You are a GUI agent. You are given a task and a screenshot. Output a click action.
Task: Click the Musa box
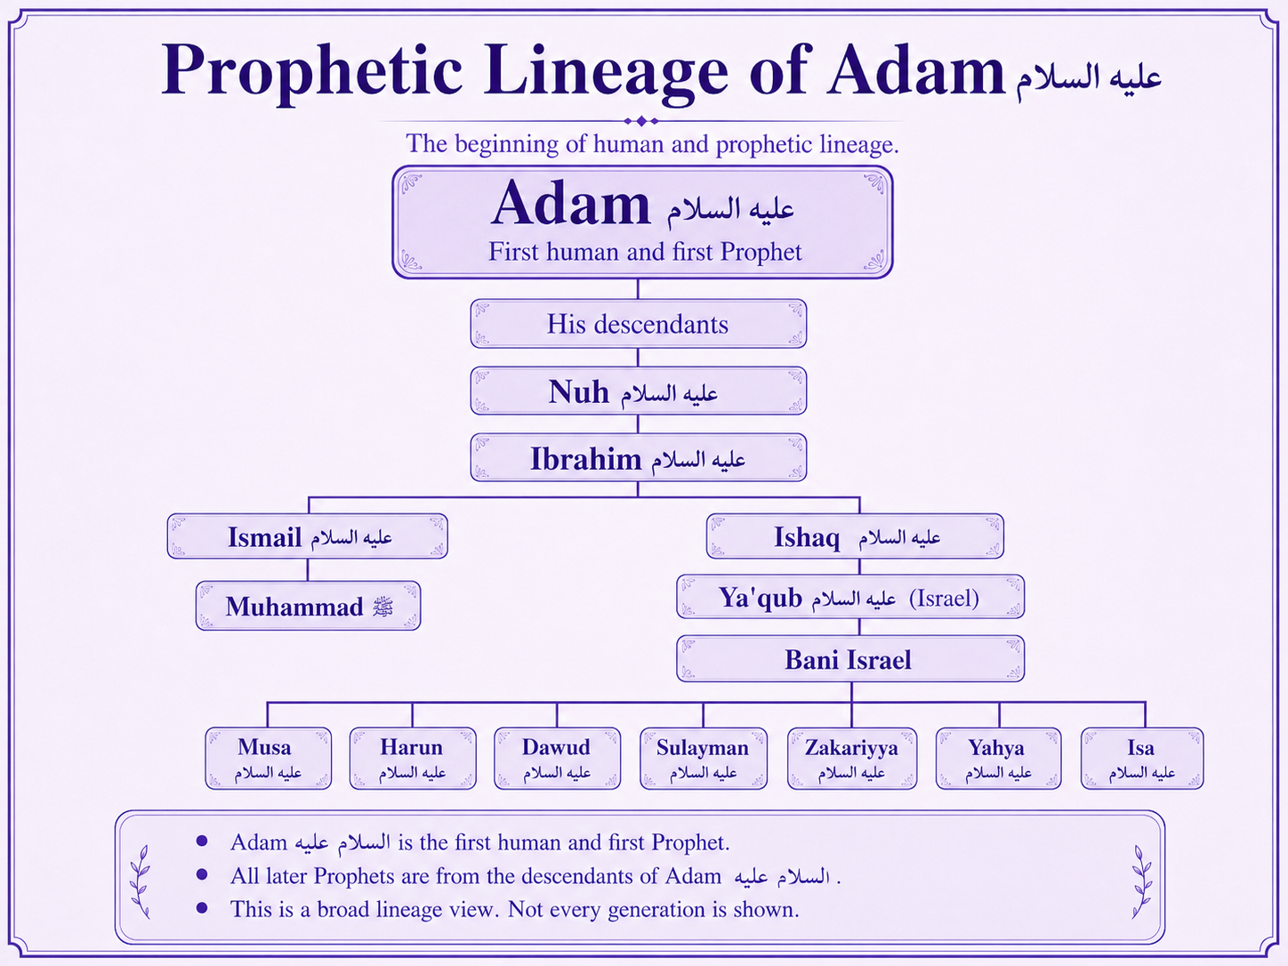[268, 759]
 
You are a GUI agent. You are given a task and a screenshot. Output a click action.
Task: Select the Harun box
[413, 759]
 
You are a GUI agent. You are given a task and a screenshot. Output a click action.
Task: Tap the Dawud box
[557, 759]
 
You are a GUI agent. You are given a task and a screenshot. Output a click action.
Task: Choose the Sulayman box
[703, 759]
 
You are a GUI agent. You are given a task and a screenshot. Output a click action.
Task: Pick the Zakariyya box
[851, 759]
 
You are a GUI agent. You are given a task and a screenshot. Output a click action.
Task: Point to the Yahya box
[998, 759]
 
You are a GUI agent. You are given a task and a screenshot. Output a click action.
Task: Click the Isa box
[1142, 759]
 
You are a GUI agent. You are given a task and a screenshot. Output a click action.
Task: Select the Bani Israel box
[850, 658]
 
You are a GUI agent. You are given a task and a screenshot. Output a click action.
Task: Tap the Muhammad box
[308, 605]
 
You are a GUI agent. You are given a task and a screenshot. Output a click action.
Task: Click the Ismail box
[308, 536]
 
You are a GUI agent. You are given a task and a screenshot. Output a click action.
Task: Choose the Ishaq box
[855, 536]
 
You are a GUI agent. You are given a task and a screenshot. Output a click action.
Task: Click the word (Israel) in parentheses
[944, 598]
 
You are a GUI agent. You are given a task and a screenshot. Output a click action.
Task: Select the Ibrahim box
[639, 457]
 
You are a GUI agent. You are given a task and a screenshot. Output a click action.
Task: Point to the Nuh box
[639, 390]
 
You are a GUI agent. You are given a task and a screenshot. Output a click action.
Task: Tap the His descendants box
[639, 324]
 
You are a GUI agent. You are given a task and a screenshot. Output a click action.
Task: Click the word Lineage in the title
[606, 71]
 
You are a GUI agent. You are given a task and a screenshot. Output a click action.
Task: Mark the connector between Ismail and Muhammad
[308, 569]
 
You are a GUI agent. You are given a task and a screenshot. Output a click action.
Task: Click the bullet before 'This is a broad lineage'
[202, 908]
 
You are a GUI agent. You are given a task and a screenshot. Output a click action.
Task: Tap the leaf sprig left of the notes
[141, 881]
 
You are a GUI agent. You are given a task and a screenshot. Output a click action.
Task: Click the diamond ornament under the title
[640, 121]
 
